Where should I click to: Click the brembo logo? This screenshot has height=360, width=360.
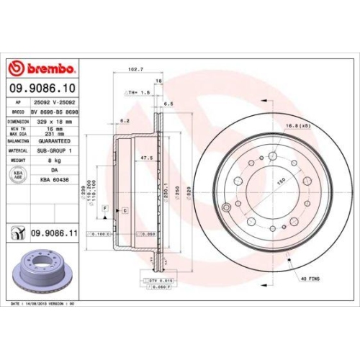click(41, 68)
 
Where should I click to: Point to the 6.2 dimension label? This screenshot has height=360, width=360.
click(124, 120)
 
